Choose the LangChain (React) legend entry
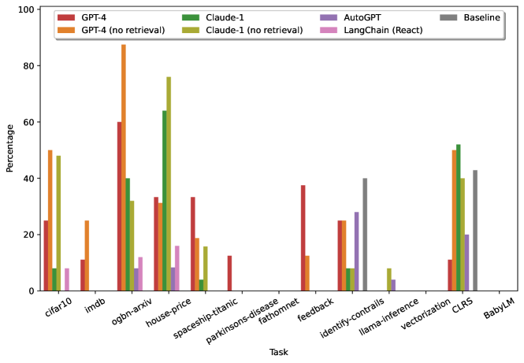coord(386,30)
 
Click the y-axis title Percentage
coord(10,150)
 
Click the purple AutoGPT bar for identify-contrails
coord(356,251)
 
